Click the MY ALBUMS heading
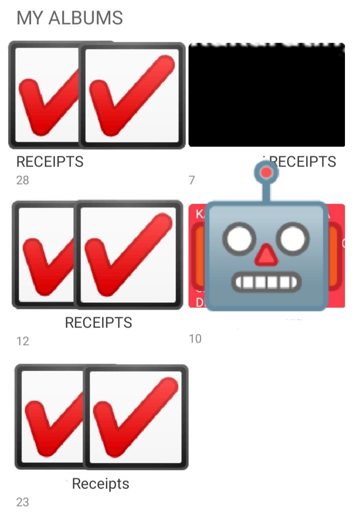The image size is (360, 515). (70, 18)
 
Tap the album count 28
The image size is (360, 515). (23, 180)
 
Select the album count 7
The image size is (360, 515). (192, 180)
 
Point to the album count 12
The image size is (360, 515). (23, 341)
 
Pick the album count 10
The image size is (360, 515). (195, 338)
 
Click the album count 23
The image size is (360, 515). (23, 502)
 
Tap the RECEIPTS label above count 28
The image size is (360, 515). (50, 162)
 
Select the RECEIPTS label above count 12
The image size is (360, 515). (98, 323)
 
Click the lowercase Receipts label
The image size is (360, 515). (100, 484)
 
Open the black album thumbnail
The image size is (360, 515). (266, 95)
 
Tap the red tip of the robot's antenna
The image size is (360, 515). (267, 173)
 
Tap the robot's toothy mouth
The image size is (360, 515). (266, 282)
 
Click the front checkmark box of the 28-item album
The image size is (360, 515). (133, 95)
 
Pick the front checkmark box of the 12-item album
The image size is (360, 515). (129, 255)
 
